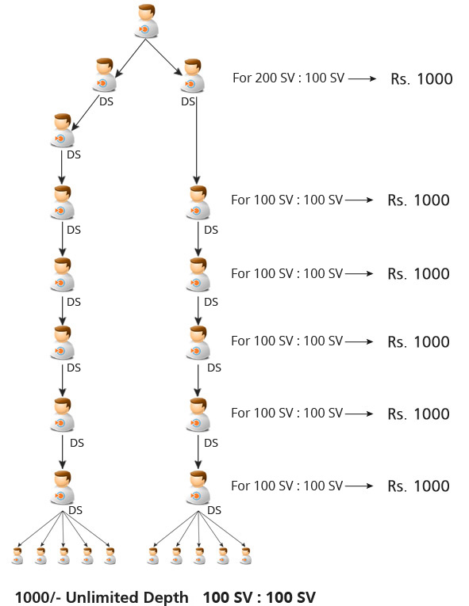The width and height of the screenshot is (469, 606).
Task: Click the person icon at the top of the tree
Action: tap(146, 21)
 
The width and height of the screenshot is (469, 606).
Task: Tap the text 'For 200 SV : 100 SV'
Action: tap(288, 78)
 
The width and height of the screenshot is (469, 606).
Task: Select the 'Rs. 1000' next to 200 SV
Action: tap(421, 79)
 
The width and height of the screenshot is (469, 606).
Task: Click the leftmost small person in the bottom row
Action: tap(17, 556)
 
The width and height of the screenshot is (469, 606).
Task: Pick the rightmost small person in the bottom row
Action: tap(245, 556)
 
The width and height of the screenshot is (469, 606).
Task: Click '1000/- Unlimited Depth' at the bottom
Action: tap(102, 597)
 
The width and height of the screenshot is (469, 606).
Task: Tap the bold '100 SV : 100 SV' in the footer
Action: tap(259, 597)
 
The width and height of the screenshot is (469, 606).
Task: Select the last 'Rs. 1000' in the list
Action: tap(419, 486)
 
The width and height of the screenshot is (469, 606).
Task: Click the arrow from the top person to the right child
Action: tap(163, 57)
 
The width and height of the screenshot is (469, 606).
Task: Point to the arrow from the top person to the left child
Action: tap(130, 58)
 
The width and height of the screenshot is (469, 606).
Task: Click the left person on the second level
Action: tap(105, 75)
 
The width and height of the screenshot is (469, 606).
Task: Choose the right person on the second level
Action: tap(193, 76)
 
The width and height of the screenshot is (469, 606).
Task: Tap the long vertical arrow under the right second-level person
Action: tap(197, 141)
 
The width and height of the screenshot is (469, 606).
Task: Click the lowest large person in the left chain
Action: tap(62, 487)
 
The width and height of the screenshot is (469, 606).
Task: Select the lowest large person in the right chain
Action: tap(198, 487)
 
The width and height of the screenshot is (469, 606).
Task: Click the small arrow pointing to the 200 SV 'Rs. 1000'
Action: tap(362, 78)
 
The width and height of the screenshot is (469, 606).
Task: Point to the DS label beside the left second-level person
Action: tap(106, 101)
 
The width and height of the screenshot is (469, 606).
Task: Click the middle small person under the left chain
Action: tap(64, 556)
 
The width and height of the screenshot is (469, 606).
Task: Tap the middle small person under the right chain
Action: tap(199, 556)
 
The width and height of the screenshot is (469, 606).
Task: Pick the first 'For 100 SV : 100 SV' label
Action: tap(287, 200)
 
